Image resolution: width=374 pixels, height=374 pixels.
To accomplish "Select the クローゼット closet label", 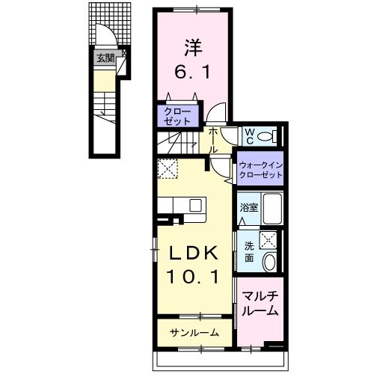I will point(177,115).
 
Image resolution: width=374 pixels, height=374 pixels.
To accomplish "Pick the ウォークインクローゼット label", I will point(260,170).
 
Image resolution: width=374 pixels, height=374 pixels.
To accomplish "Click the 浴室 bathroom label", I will point(248,208).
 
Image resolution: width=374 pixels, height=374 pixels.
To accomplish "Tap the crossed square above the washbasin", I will point(270,239).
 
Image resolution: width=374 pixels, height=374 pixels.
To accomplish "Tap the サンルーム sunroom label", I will point(194,333).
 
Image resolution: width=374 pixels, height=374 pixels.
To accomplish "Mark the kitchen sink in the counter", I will point(196,204).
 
